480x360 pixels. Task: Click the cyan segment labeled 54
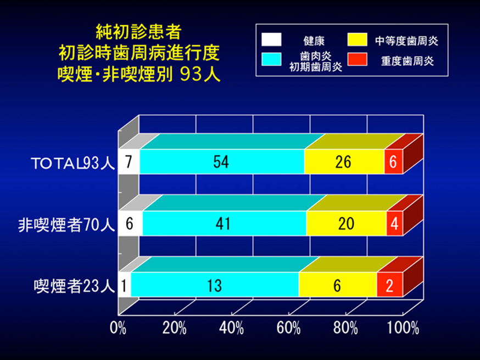(222, 161)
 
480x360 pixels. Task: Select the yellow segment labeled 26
(344, 161)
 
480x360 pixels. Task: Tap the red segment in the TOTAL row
(394, 161)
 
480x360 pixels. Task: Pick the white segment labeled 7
(129, 161)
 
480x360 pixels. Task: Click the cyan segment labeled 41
(225, 223)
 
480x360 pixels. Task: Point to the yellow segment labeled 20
(346, 223)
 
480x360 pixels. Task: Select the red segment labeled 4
(394, 223)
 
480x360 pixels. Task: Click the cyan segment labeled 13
(215, 284)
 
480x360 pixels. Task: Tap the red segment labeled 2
(390, 284)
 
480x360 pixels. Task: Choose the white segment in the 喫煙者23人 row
(125, 284)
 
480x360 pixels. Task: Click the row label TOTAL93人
(72, 163)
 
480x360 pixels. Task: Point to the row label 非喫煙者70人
(66, 225)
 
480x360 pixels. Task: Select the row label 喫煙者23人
(74, 286)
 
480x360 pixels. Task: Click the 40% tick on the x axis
(231, 328)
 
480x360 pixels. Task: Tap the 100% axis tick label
(403, 328)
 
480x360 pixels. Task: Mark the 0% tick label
(118, 328)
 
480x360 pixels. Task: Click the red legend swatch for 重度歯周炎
(357, 59)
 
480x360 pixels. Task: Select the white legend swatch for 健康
(271, 40)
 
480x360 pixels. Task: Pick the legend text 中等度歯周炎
(407, 41)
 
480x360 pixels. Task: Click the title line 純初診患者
(139, 32)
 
